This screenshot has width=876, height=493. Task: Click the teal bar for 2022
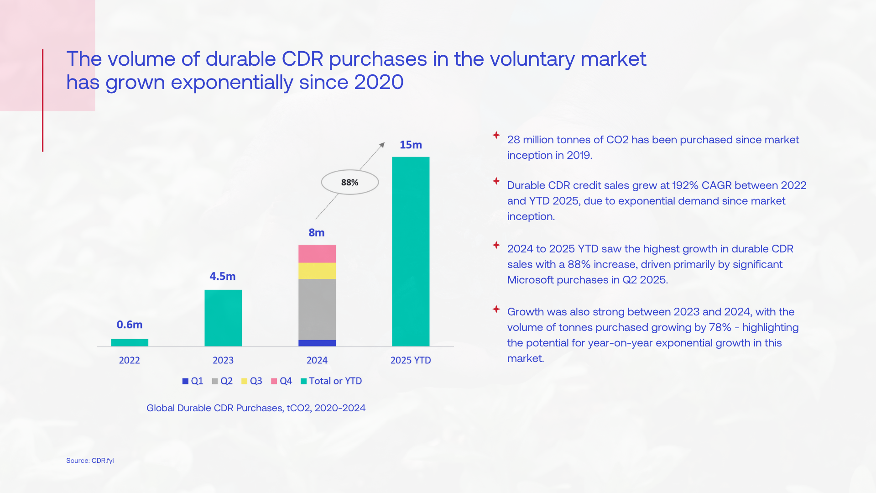click(130, 342)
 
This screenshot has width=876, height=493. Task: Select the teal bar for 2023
click(223, 318)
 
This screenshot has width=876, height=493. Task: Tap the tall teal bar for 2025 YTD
click(411, 252)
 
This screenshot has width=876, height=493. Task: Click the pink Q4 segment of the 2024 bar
click(317, 254)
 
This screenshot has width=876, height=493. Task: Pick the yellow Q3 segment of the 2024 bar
click(317, 271)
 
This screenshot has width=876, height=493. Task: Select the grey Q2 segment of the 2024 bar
click(317, 309)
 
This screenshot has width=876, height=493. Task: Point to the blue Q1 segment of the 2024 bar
click(317, 343)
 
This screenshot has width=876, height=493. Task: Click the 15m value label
click(411, 145)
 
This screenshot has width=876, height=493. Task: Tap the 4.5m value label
click(223, 276)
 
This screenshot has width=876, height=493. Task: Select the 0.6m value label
click(130, 325)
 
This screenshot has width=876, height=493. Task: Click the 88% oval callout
click(350, 182)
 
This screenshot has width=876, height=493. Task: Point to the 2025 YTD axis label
click(411, 360)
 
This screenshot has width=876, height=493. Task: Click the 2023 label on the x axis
click(223, 360)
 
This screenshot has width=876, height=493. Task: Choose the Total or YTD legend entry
click(331, 381)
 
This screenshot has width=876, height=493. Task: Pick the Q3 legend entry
click(252, 381)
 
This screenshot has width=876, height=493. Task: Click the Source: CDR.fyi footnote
click(90, 461)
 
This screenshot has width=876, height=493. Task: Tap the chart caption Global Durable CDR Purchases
click(256, 408)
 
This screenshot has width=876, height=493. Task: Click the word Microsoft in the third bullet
click(530, 280)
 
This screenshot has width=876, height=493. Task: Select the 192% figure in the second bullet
click(685, 185)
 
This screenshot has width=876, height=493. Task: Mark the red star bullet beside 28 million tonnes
click(496, 135)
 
